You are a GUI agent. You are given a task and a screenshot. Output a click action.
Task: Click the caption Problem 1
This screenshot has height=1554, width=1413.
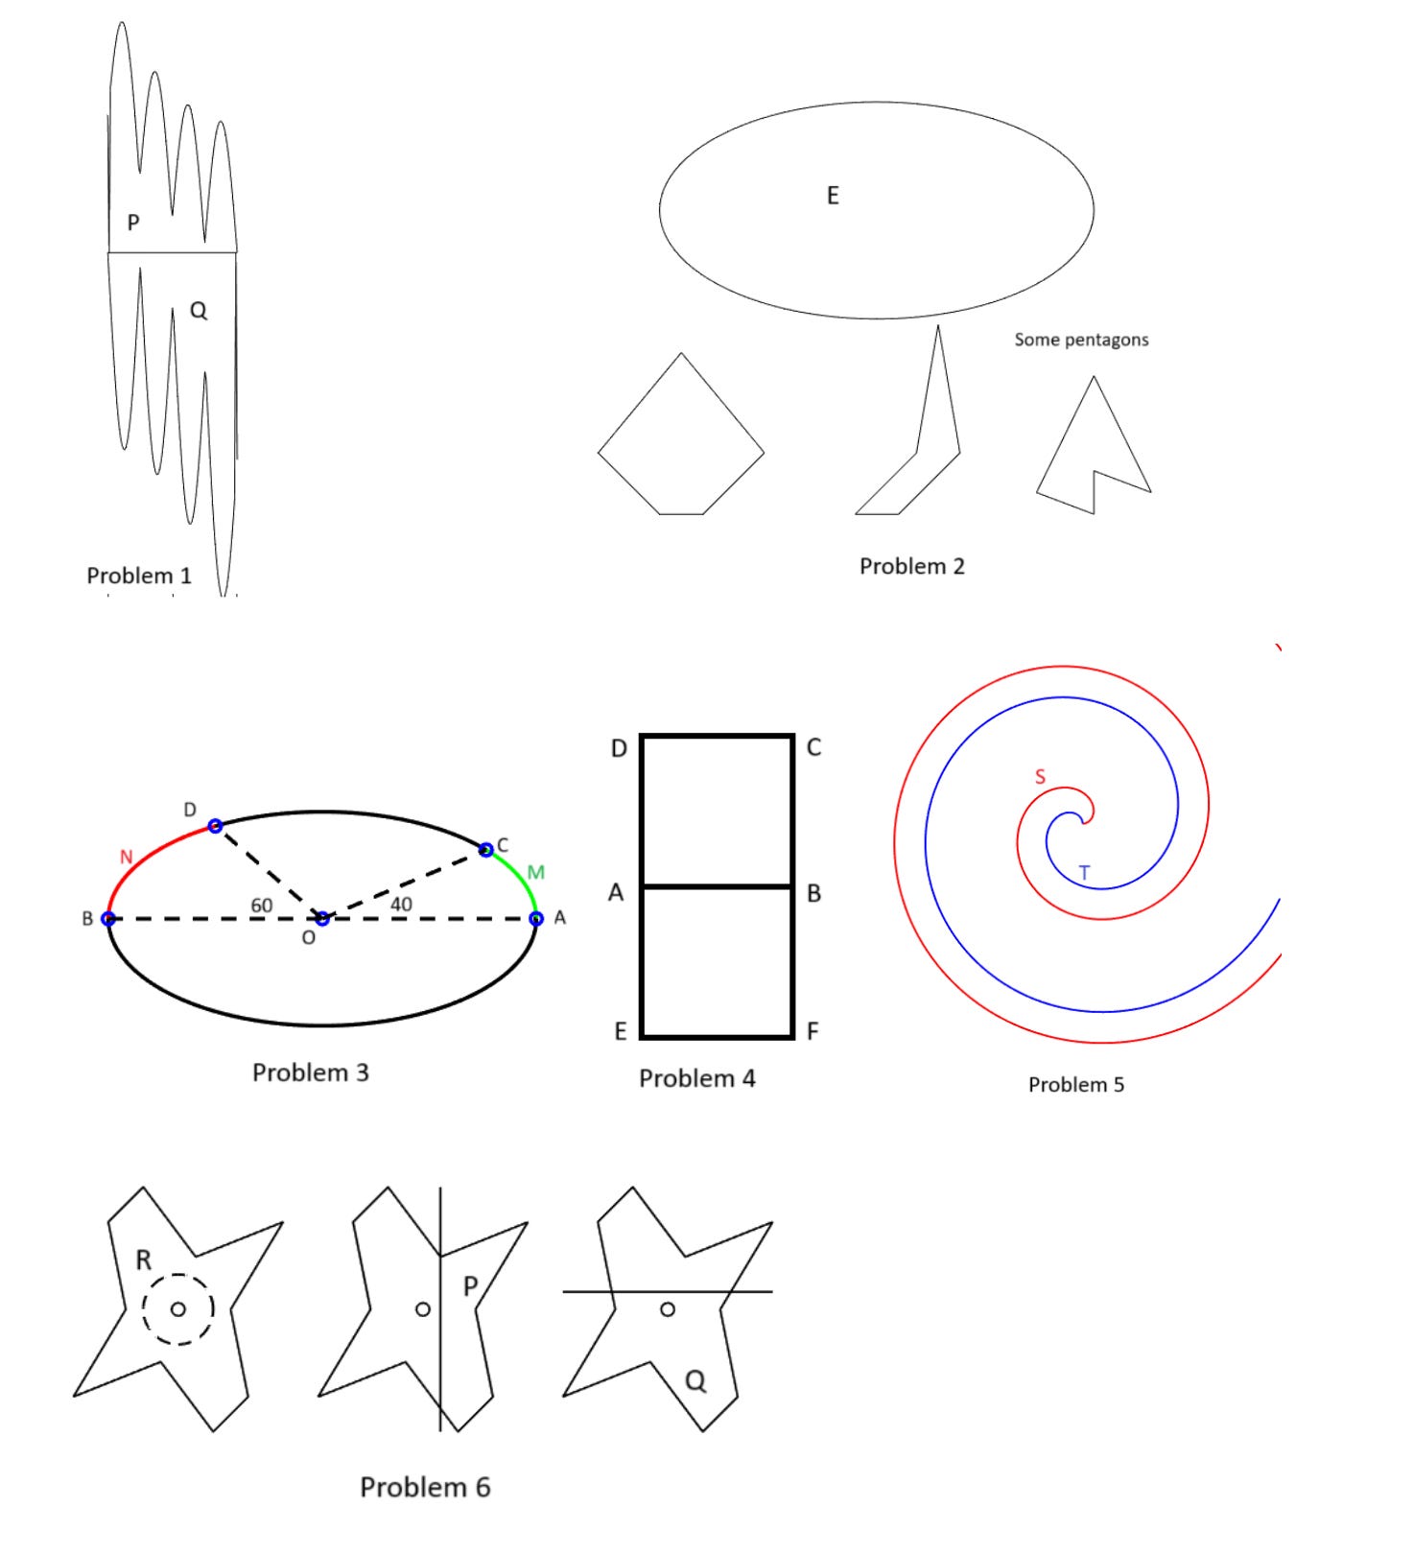click(139, 576)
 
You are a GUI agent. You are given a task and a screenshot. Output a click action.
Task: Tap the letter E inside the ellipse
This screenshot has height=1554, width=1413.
click(833, 196)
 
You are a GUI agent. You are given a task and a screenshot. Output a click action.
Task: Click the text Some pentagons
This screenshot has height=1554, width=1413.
click(1081, 340)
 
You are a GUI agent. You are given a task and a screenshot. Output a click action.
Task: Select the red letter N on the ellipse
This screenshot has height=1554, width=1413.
click(126, 857)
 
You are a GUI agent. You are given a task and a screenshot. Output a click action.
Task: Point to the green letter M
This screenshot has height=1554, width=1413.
click(535, 872)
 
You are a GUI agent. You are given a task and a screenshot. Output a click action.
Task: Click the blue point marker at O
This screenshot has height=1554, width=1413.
click(322, 919)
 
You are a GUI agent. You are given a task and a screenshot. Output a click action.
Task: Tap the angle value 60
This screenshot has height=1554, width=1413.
click(261, 905)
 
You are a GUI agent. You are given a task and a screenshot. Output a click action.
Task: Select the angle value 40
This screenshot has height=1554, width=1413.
click(401, 904)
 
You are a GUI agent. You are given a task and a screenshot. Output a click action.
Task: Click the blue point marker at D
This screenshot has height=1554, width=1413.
click(215, 826)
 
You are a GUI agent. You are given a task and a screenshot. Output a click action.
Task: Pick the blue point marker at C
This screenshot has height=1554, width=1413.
click(486, 849)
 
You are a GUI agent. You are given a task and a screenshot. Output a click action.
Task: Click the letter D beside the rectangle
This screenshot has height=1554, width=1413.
click(619, 748)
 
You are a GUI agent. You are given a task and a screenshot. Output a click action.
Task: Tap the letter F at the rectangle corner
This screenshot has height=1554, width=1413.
click(812, 1031)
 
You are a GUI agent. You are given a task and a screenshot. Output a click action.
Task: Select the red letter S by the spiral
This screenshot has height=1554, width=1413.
click(1040, 777)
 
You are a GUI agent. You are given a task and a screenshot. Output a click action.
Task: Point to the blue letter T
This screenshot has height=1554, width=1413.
click(1084, 873)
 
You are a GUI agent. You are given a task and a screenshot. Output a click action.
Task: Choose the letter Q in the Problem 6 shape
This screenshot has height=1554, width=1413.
click(695, 1380)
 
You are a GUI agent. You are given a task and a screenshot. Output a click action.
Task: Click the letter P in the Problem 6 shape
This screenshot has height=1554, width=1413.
click(470, 1285)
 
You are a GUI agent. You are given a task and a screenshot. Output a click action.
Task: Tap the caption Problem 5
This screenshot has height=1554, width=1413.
click(1075, 1085)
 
